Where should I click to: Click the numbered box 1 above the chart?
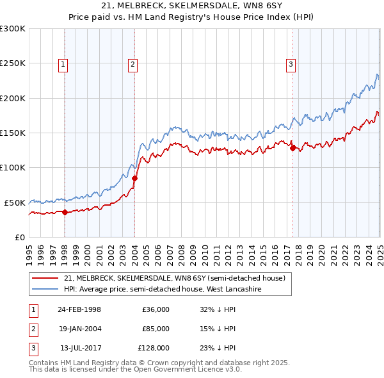(x=65, y=63)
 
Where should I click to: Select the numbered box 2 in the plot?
(x=132, y=63)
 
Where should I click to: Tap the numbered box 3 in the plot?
(x=291, y=63)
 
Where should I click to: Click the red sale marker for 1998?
(x=65, y=212)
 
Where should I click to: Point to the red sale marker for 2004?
(x=135, y=178)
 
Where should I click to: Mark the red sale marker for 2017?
(x=293, y=148)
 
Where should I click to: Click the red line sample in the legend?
(x=45, y=278)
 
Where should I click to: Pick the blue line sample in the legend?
(x=45, y=289)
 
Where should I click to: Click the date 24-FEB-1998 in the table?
(x=79, y=309)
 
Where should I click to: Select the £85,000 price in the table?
(x=156, y=329)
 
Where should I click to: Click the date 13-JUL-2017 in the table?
(x=79, y=348)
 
